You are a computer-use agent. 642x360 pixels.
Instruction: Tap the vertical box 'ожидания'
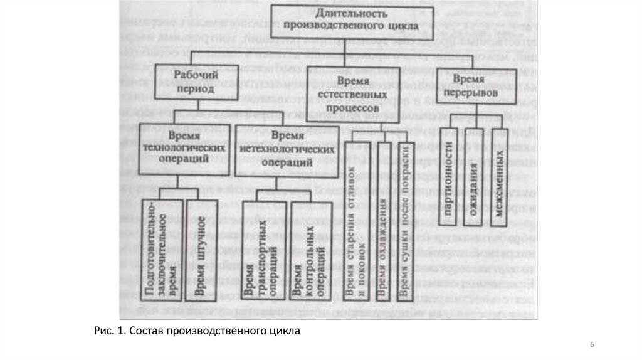pos(476,177)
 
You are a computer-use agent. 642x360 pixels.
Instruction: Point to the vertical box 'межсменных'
pos(503,177)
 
